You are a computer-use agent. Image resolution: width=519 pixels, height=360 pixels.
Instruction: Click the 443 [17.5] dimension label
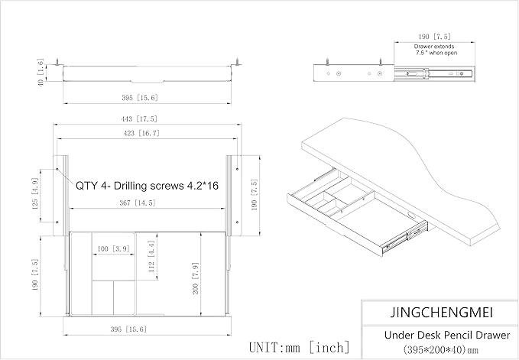(x=140, y=118)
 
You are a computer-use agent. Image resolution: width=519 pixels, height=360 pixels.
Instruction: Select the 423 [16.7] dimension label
(x=141, y=133)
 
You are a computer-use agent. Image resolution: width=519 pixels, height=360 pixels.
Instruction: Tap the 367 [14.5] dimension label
(x=138, y=203)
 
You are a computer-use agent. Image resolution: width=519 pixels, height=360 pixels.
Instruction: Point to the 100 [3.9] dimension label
(x=113, y=248)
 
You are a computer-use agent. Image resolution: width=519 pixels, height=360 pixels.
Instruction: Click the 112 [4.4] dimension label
(x=151, y=256)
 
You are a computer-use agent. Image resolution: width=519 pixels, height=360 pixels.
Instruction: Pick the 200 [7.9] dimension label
(x=195, y=278)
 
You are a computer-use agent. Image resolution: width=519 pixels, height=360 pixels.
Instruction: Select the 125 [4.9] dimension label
(x=34, y=194)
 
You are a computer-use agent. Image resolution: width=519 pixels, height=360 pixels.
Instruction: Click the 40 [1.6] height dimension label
(x=41, y=73)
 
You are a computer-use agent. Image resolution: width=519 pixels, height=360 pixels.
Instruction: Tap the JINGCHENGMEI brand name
(x=442, y=313)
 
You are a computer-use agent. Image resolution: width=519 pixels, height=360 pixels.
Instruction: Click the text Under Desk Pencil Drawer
(x=447, y=336)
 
